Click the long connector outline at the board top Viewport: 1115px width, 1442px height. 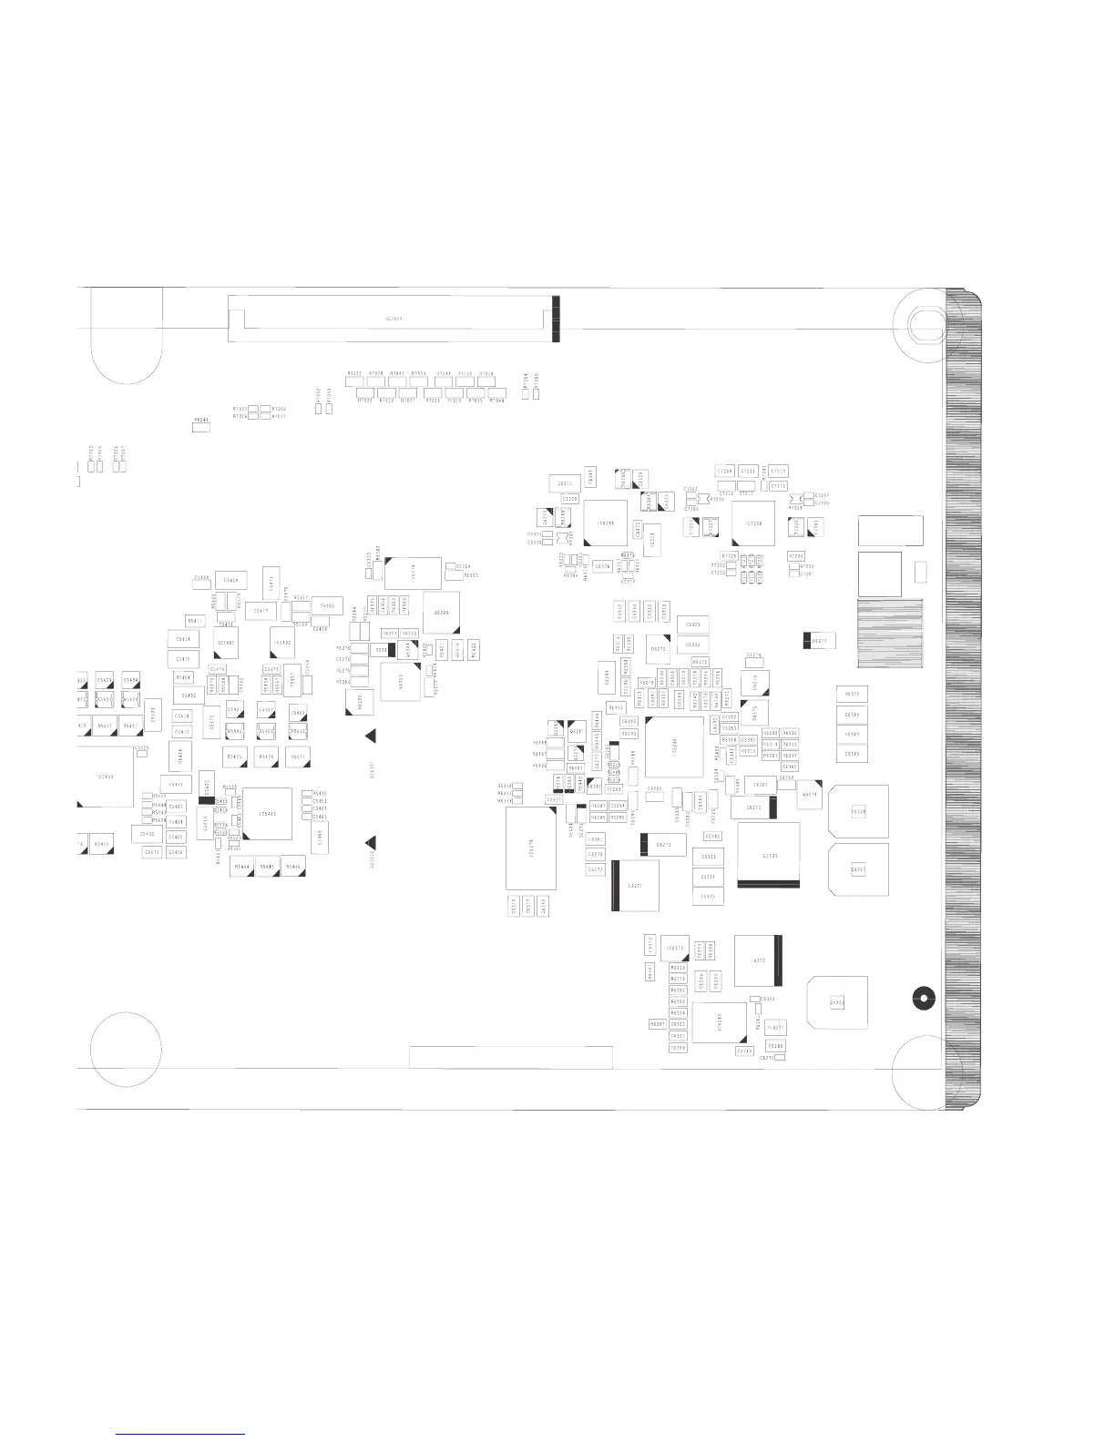click(392, 318)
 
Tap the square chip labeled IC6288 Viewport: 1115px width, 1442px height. click(606, 522)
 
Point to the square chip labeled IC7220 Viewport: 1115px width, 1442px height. click(753, 523)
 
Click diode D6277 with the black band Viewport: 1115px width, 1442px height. click(819, 641)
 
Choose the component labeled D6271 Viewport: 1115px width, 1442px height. click(663, 845)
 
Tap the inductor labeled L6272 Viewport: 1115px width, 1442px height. click(758, 960)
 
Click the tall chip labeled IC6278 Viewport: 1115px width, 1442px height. click(530, 848)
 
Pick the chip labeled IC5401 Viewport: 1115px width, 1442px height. click(226, 643)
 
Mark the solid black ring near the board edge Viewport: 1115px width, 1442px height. click(923, 998)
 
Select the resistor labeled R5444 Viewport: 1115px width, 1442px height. click(242, 867)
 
